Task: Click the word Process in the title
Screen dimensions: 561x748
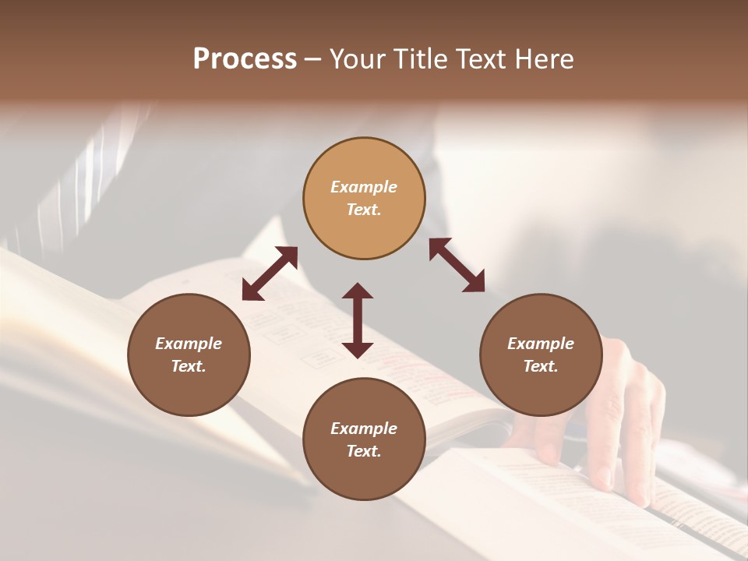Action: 245,59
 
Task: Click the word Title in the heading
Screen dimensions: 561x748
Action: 421,59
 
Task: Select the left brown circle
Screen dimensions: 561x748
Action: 189,355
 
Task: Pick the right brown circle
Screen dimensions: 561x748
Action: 541,355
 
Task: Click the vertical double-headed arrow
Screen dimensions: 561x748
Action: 358,320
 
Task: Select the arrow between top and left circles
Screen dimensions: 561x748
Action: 270,273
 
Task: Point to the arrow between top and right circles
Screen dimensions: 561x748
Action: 457,265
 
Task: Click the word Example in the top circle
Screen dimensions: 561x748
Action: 364,187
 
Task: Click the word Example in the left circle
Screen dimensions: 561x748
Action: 189,344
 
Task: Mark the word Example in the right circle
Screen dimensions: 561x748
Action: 541,344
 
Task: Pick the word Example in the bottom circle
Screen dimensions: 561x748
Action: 364,429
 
